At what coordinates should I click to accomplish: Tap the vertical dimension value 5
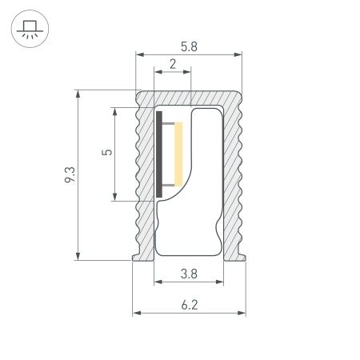click(108, 152)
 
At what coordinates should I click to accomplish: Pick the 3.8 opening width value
click(189, 274)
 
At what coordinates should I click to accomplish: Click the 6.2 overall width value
click(189, 303)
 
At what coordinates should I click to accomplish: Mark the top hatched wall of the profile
click(189, 97)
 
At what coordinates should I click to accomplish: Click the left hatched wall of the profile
click(145, 176)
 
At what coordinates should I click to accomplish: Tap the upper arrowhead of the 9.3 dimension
click(78, 94)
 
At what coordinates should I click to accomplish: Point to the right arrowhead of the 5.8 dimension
click(238, 55)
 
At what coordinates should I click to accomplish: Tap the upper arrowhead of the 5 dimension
click(117, 110)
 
